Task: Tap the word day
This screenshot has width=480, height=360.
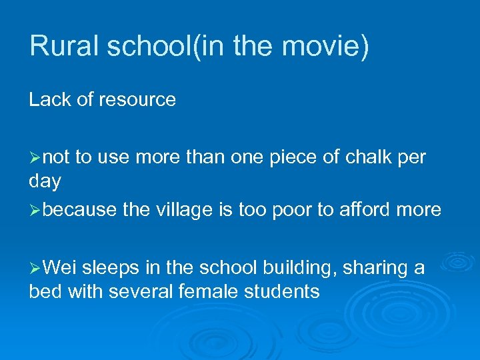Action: (x=45, y=181)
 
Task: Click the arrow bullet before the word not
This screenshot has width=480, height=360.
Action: (x=35, y=158)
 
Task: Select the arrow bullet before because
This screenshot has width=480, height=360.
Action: (x=35, y=211)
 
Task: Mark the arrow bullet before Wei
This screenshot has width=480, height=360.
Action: (x=35, y=269)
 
